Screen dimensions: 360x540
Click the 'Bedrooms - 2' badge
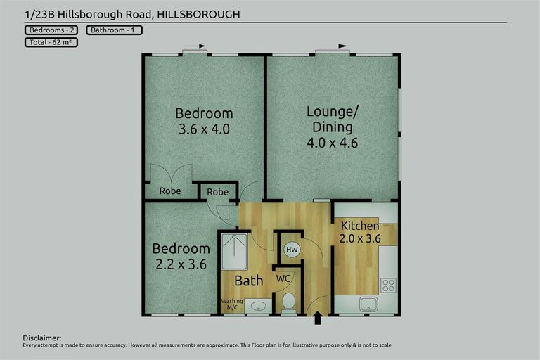(51, 30)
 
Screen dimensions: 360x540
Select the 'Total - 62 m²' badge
(50, 42)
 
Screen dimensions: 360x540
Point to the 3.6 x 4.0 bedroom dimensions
(204, 129)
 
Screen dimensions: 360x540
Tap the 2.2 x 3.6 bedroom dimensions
(181, 265)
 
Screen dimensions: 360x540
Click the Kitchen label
(360, 226)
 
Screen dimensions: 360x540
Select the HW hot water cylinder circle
(291, 249)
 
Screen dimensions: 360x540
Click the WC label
(283, 278)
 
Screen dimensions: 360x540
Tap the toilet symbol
(288, 303)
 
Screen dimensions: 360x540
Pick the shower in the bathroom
(234, 252)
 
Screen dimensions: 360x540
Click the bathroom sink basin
(259, 306)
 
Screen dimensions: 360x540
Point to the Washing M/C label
(232, 304)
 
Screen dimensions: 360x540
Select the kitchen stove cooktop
(388, 285)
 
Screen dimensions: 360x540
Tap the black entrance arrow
(317, 319)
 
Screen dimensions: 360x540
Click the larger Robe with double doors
(169, 191)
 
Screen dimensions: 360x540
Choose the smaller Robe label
(218, 192)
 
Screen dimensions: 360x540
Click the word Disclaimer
(42, 338)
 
